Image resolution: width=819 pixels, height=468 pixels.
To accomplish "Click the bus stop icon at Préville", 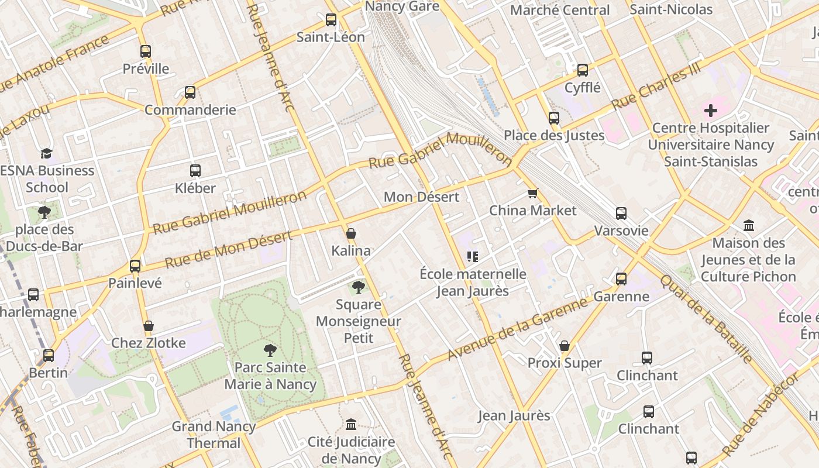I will point(146,51).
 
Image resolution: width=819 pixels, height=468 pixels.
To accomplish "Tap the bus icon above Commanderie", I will point(190,92).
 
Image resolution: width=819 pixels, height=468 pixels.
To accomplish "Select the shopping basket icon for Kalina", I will point(351,233).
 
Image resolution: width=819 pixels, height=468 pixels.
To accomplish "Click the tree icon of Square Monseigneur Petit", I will point(359,287).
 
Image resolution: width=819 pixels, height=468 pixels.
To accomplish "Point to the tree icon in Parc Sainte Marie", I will point(270,350).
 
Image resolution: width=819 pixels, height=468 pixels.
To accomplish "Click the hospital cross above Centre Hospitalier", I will point(711,111).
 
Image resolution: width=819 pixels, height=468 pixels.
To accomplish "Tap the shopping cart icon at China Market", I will point(532,193).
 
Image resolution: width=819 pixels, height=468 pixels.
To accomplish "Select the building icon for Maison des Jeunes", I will point(749,226).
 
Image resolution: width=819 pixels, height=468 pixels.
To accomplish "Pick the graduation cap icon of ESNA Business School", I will point(46,153).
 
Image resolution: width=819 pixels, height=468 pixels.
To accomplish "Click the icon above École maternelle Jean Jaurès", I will point(473,257).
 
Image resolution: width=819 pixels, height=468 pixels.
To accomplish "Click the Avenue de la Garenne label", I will point(517,329).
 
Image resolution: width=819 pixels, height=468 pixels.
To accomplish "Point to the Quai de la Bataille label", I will point(706,318).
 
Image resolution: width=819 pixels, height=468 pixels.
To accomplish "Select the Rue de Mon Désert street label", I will point(228,250).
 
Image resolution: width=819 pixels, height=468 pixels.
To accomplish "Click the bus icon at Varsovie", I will point(621,214).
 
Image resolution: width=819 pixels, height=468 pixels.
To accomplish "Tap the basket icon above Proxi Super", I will point(565,346).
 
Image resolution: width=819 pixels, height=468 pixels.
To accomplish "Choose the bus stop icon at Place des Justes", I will point(554,118).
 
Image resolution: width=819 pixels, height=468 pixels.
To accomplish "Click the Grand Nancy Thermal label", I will point(214,435).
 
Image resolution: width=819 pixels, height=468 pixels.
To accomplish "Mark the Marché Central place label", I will point(560,10).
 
